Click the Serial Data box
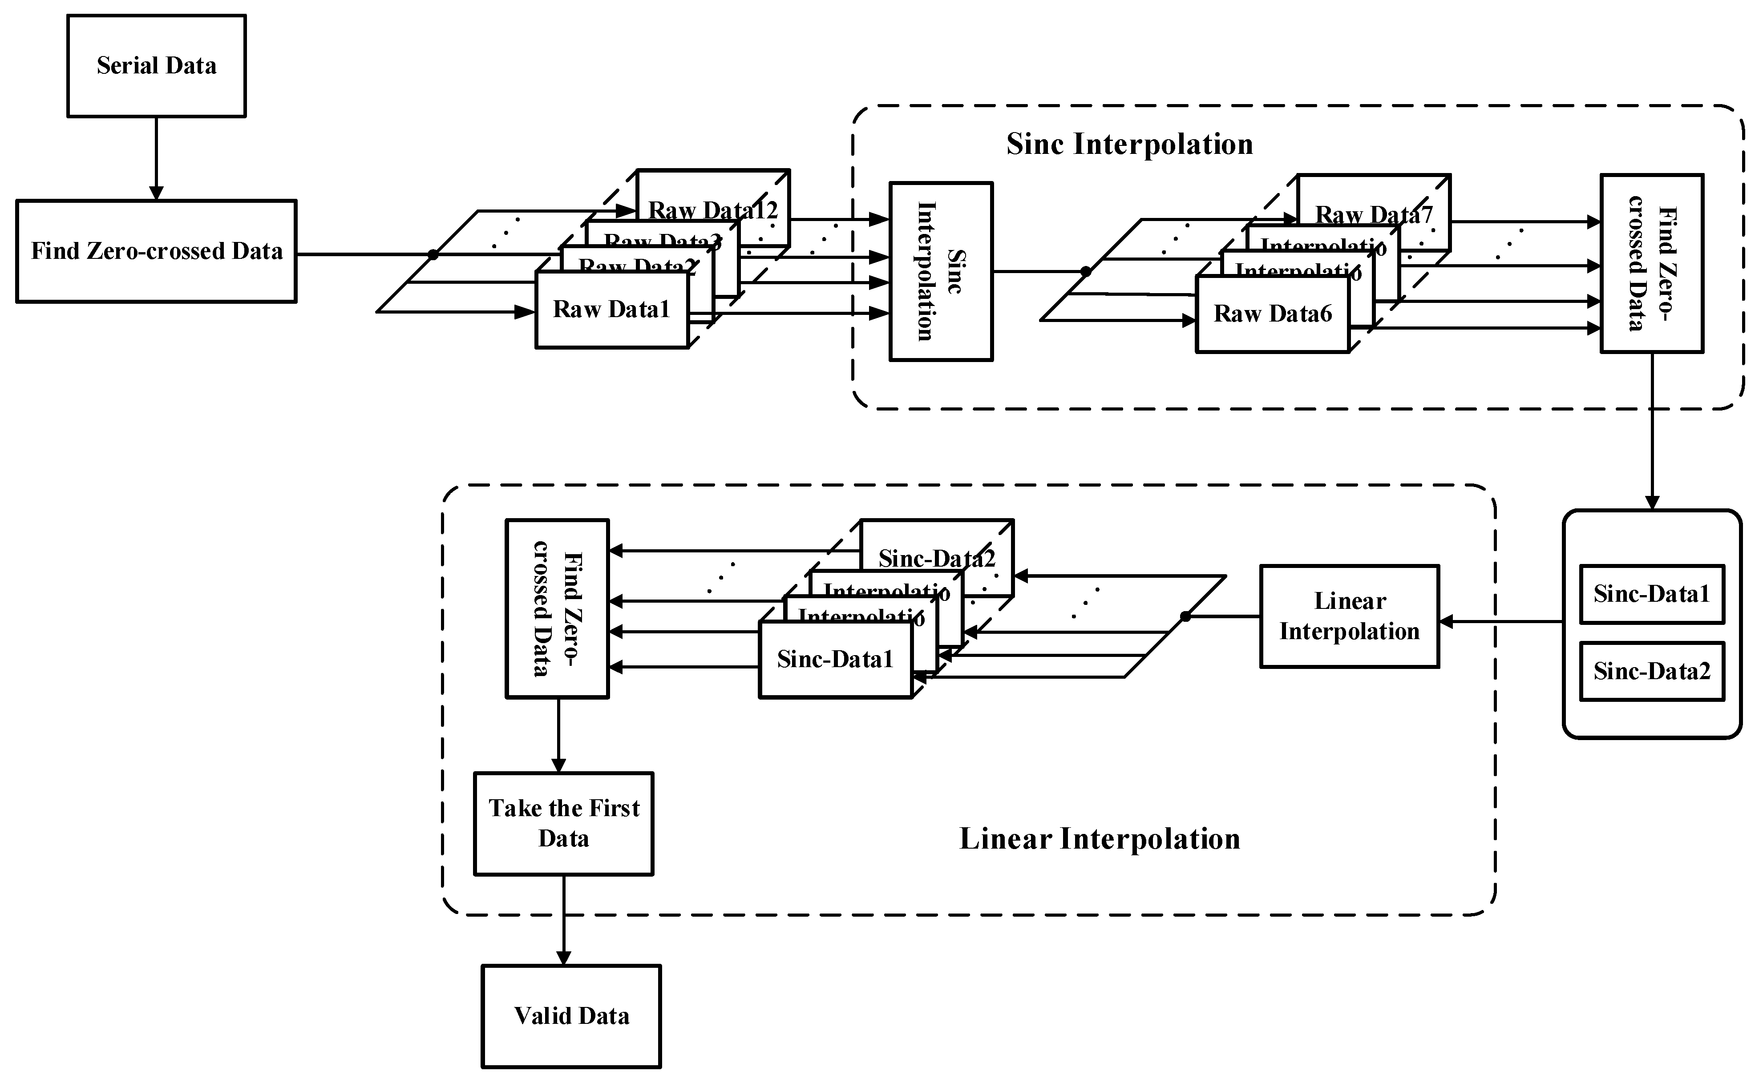[x=156, y=66]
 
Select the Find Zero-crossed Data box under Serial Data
[x=156, y=251]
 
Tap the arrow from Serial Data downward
[x=156, y=158]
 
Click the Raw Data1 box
[x=612, y=310]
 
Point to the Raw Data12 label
[x=713, y=210]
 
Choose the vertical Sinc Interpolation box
[x=940, y=272]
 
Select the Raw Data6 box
[x=1272, y=314]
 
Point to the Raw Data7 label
[x=1374, y=214]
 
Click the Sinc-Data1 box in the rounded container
[x=1651, y=594]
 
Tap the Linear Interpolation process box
[x=1350, y=616]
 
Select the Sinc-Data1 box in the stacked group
[x=835, y=659]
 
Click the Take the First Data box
[x=564, y=823]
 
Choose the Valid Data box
[x=571, y=1016]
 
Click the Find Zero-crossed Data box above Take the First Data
[x=558, y=608]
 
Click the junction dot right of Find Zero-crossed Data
[x=433, y=254]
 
